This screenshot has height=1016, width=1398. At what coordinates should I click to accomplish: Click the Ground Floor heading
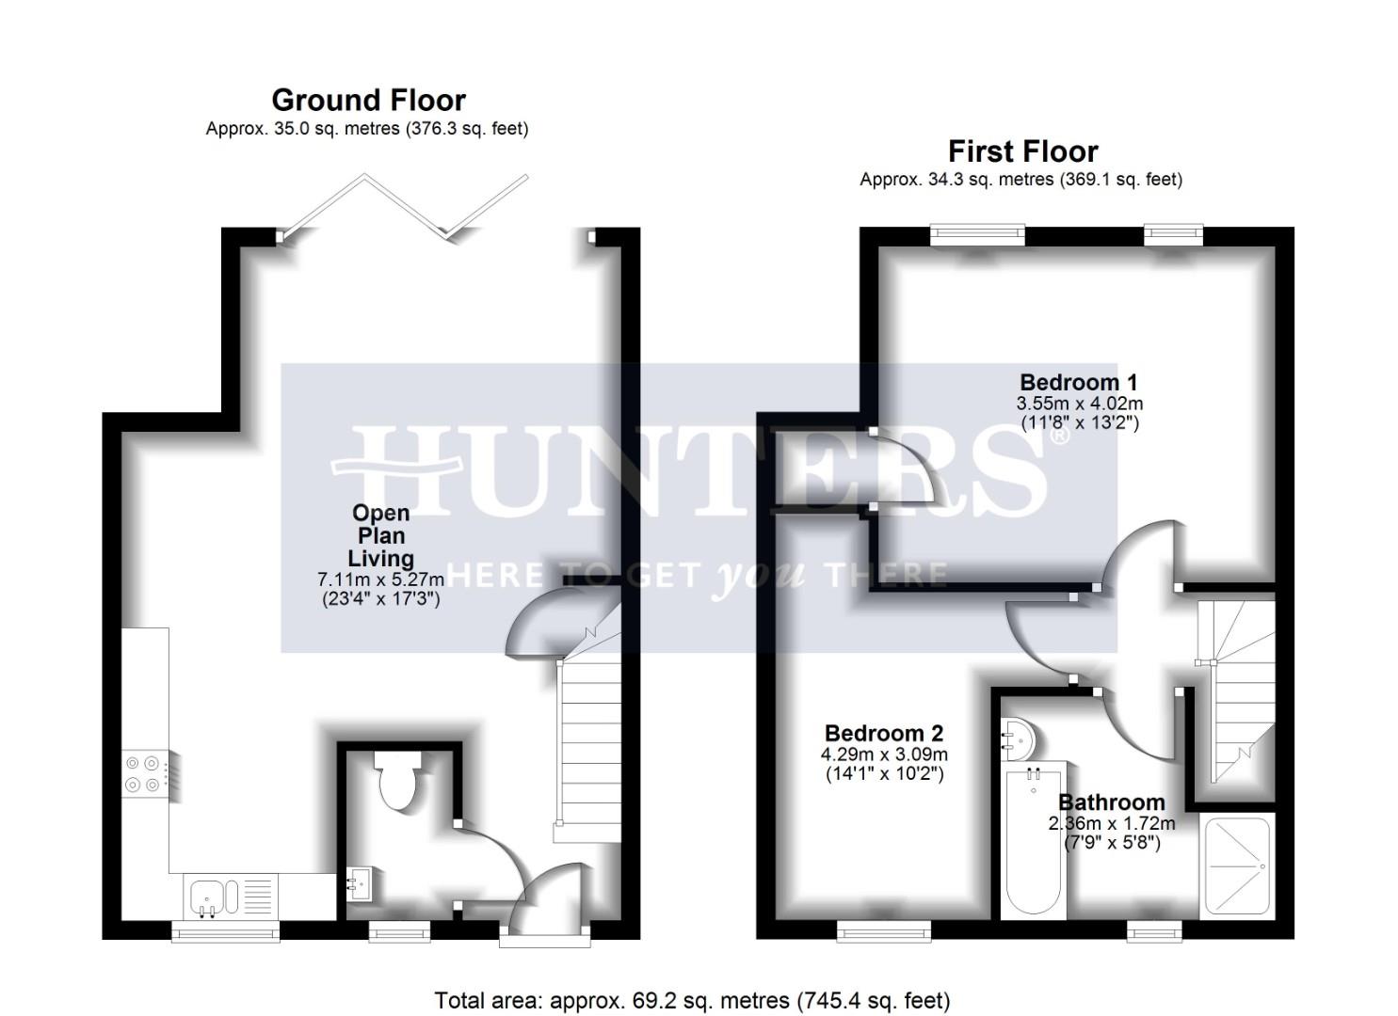[x=368, y=101]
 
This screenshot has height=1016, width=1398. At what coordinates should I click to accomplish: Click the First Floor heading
[x=1022, y=151]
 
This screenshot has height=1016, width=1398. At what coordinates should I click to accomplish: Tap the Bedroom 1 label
[x=1079, y=383]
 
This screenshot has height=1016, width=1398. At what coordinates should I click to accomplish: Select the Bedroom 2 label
[x=883, y=734]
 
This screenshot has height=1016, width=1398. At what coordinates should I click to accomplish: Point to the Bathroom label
[x=1112, y=802]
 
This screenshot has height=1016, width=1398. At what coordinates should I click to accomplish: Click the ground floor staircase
[x=589, y=743]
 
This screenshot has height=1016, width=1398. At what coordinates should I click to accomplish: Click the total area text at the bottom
[x=692, y=1000]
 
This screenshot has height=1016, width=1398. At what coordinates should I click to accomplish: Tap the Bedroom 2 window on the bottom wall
[x=884, y=931]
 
